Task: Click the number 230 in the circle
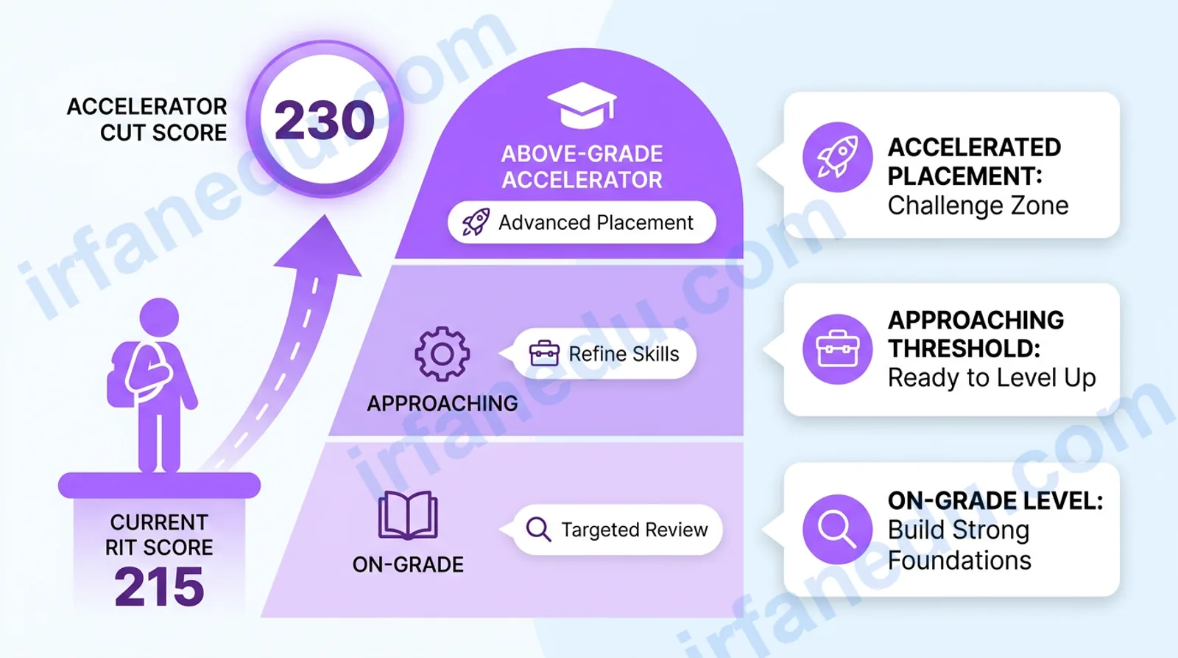coord(325,121)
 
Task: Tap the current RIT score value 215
coord(159,587)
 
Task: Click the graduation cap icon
coord(582,105)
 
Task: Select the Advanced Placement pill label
coord(582,222)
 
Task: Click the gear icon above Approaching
coord(442,354)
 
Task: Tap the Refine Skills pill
coord(604,354)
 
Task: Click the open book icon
coord(408,515)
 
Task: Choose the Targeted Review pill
coord(618,530)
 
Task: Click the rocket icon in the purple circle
coord(838,158)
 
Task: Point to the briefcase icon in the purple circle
coord(838,349)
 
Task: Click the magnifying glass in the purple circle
coord(838,530)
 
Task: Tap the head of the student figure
coord(159,318)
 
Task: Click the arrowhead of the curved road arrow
coord(321,245)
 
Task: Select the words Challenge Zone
coord(978,206)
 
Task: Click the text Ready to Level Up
coord(992,378)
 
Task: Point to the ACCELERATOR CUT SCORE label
coord(147,119)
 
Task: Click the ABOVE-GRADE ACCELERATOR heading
coord(582,167)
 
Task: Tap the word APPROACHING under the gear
coord(442,404)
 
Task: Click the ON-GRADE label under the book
coord(408,565)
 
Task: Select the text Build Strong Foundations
coord(959,545)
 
